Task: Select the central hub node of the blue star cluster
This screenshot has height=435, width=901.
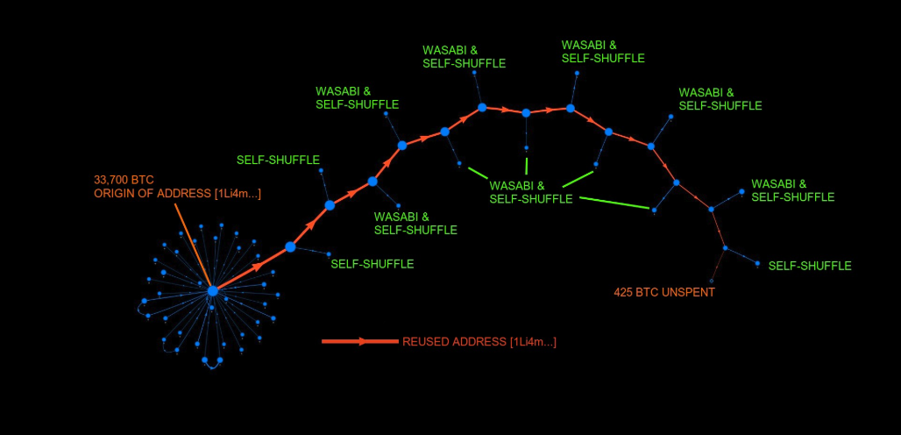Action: [212, 291]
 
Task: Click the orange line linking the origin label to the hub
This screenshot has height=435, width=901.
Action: [193, 246]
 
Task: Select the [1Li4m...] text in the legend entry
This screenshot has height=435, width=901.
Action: [532, 341]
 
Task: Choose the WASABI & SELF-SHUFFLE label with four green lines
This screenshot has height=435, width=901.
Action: [530, 192]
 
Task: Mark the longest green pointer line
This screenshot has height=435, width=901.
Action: [614, 203]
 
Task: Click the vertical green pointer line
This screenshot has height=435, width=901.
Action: [526, 164]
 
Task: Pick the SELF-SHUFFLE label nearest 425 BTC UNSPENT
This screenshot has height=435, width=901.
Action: [809, 265]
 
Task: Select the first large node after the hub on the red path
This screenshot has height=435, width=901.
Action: [290, 247]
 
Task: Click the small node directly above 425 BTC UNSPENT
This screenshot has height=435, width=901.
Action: [712, 281]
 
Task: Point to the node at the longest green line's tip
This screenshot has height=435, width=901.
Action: [654, 210]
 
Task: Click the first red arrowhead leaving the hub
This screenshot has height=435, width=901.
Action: [257, 265]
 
